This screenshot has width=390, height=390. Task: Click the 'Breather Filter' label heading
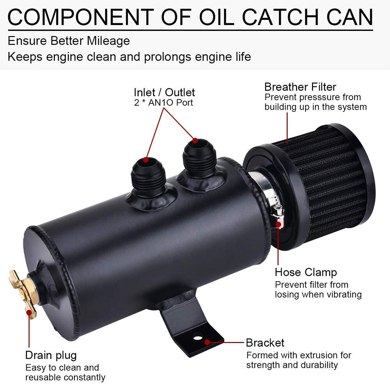pyautogui.click(x=300, y=87)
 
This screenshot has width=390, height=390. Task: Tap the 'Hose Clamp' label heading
pyautogui.click(x=306, y=272)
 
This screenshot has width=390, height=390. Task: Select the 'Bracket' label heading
pyautogui.click(x=265, y=343)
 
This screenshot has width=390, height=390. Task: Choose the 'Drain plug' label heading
pyautogui.click(x=51, y=355)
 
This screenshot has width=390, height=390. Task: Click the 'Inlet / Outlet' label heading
pyautogui.click(x=164, y=92)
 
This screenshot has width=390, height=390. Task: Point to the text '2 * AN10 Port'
pyautogui.click(x=163, y=103)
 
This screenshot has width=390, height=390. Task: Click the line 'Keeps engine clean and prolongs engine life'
pyautogui.click(x=129, y=57)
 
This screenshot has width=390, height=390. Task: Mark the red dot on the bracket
pyautogui.click(x=207, y=342)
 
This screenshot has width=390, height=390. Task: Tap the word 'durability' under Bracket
pyautogui.click(x=319, y=365)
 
